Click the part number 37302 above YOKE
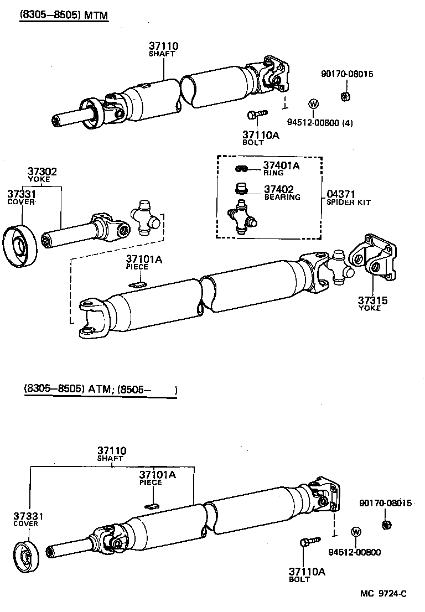coord(42,172)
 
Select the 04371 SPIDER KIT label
coord(340,195)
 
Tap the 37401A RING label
coord(281,165)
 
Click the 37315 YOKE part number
coord(372,300)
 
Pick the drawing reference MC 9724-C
coord(383,594)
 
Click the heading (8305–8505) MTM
coord(63,15)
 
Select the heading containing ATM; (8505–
coord(100,390)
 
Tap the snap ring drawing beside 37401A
coord(241,168)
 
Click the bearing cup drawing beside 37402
coord(241,189)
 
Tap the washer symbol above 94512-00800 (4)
coord(312,104)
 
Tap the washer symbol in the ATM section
coord(355,532)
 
